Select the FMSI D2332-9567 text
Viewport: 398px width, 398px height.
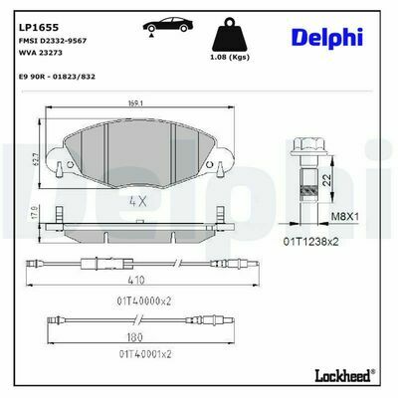tap(52, 41)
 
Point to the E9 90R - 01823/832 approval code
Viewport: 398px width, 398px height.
tap(56, 77)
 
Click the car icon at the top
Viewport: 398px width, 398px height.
tap(168, 25)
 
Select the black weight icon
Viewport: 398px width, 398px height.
tap(230, 36)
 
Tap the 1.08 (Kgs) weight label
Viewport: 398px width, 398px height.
tap(230, 57)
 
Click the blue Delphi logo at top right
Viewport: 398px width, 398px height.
tap(327, 37)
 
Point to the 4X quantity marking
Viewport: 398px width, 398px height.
tap(137, 201)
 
